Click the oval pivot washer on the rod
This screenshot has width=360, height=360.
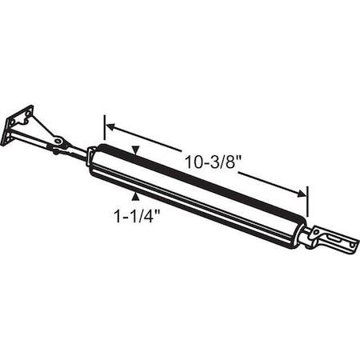pos(58,144)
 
